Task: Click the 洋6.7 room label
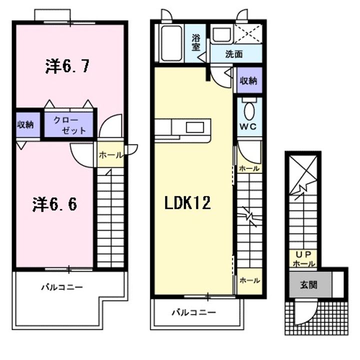(67, 66)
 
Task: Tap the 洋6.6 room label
(54, 204)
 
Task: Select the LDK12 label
(187, 202)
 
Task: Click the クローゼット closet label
(69, 125)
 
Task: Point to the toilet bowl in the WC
(249, 111)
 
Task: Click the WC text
(248, 126)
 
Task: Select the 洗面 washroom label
(233, 54)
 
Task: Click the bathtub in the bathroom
(171, 43)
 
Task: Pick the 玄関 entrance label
(309, 285)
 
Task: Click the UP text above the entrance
(303, 254)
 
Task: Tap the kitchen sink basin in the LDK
(195, 127)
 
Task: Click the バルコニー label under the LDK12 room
(194, 312)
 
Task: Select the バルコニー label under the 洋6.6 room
(62, 287)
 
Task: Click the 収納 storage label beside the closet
(25, 124)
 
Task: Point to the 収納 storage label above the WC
(248, 80)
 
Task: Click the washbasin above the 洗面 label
(222, 34)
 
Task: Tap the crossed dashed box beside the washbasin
(248, 33)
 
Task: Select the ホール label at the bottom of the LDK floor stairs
(249, 280)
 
